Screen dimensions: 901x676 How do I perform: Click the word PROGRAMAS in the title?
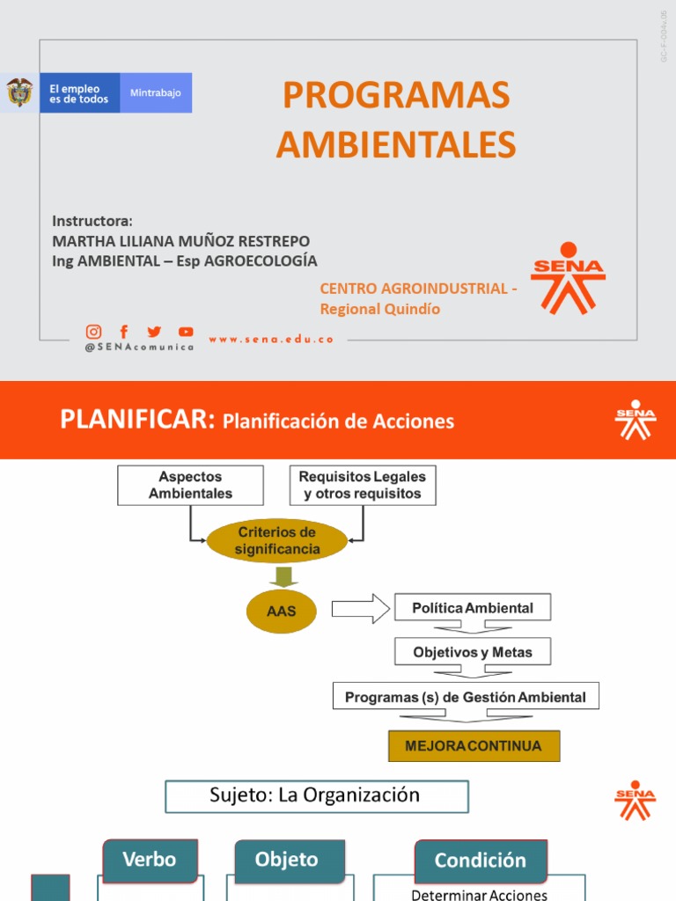tap(396, 95)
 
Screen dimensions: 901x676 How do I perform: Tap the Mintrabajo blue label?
tap(156, 92)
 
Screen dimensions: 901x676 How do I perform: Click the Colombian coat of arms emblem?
tap(19, 92)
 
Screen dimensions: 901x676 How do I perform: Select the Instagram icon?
tap(93, 332)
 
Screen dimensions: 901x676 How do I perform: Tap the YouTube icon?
tap(186, 332)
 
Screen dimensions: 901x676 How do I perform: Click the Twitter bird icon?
tap(154, 332)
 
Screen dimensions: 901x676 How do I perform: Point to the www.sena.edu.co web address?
tap(271, 339)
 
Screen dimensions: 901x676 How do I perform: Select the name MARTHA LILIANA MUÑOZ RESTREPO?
tap(181, 240)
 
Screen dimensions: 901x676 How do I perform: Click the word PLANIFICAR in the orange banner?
tap(137, 420)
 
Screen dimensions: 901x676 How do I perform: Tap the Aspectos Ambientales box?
tap(190, 485)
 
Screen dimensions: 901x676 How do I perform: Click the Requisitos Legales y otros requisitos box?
tap(363, 485)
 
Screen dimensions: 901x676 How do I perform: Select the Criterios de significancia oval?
tap(276, 541)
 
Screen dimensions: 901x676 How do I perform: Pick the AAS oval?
tap(281, 610)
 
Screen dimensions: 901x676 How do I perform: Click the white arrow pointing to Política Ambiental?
tap(360, 608)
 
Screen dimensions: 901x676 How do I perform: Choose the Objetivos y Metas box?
tap(472, 652)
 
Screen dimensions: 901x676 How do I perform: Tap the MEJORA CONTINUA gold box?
tap(474, 746)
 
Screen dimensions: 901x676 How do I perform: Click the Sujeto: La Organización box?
tap(316, 796)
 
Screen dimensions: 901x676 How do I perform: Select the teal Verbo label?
tap(150, 860)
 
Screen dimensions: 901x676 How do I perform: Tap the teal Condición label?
tap(481, 861)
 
